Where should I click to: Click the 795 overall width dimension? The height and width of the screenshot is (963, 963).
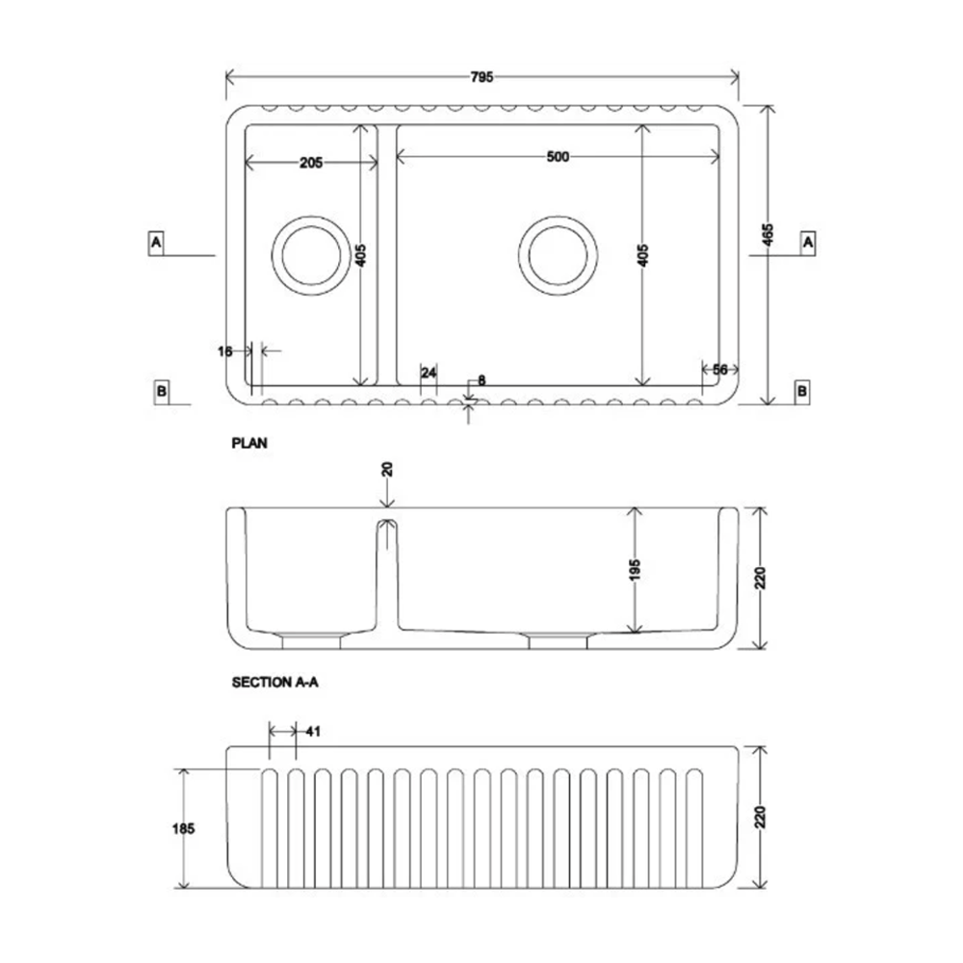click(482, 78)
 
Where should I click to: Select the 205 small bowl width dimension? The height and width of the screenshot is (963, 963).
click(310, 163)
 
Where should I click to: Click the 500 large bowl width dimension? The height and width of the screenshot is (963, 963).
click(558, 157)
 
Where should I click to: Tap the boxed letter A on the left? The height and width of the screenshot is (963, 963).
click(156, 243)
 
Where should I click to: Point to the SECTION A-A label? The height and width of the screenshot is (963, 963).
click(274, 682)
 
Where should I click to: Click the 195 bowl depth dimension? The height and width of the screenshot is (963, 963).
click(634, 570)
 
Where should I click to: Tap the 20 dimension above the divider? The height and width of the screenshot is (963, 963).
click(387, 469)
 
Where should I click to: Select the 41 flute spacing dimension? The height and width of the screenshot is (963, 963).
click(312, 732)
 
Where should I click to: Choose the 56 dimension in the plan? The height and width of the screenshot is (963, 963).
click(719, 370)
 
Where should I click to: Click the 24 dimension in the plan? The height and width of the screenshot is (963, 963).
click(429, 372)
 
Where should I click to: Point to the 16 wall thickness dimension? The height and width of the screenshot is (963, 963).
click(225, 351)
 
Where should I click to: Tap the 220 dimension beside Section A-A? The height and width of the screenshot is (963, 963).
click(761, 578)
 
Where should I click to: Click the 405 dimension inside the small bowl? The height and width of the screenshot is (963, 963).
click(360, 255)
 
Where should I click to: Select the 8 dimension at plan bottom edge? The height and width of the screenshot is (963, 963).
click(481, 380)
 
